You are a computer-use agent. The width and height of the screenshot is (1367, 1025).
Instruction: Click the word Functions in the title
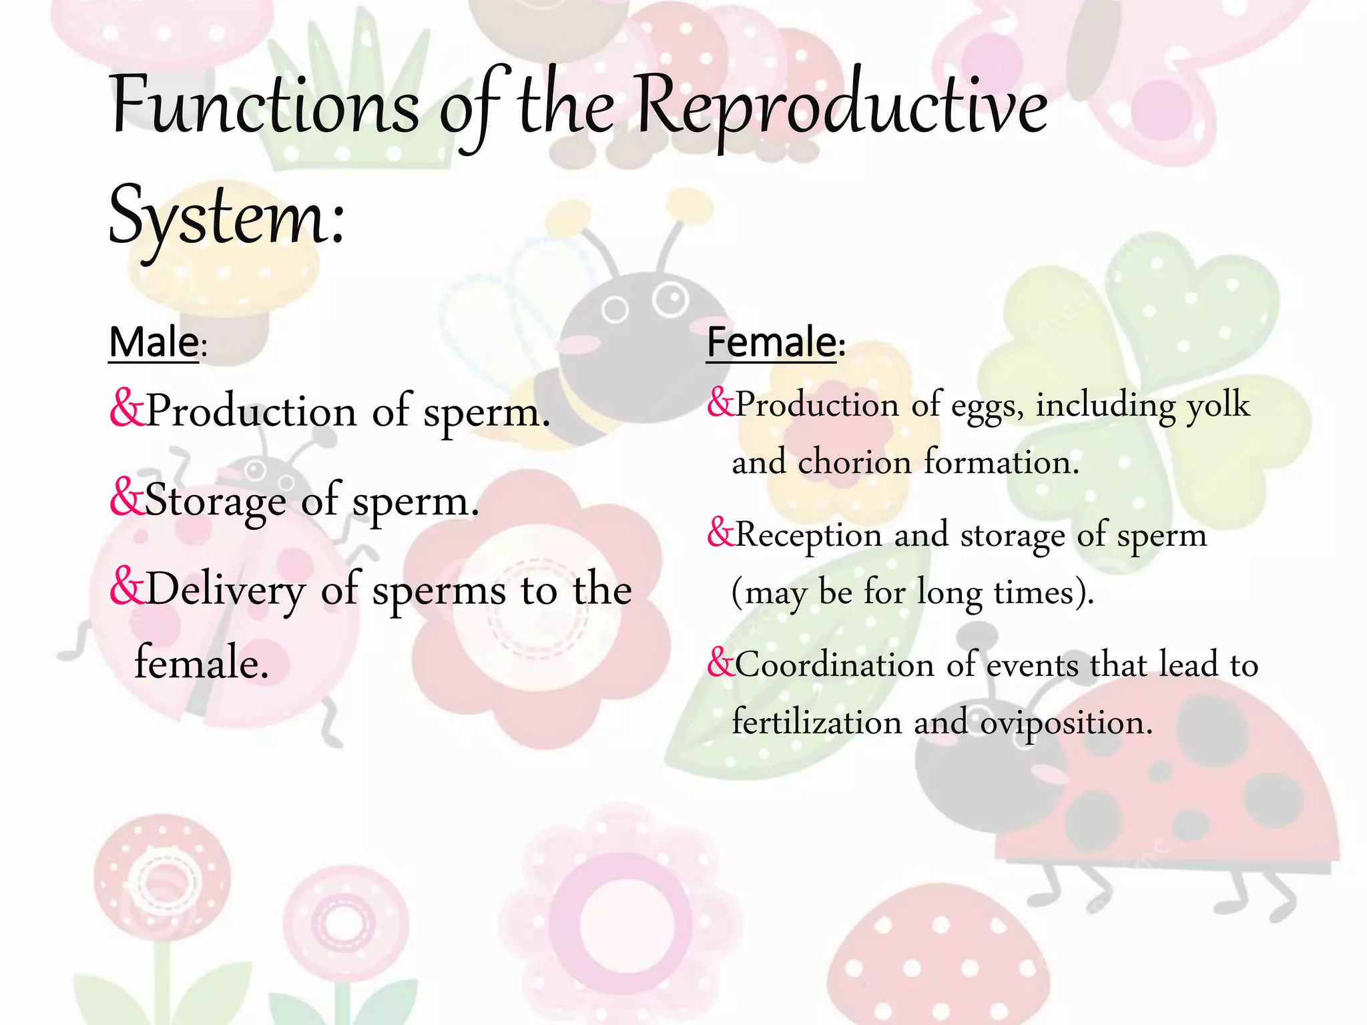pyautogui.click(x=264, y=107)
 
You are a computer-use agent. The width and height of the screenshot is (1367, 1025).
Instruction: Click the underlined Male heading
pyautogui.click(x=154, y=343)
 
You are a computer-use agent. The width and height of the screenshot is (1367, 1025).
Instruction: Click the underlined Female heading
pyautogui.click(x=772, y=343)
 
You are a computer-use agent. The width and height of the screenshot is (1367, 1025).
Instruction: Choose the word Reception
pyautogui.click(x=808, y=536)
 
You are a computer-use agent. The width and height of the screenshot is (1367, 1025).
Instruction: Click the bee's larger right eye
pyautogui.click(x=669, y=300)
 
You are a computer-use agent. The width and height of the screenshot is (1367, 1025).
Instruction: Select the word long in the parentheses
pyautogui.click(x=948, y=593)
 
